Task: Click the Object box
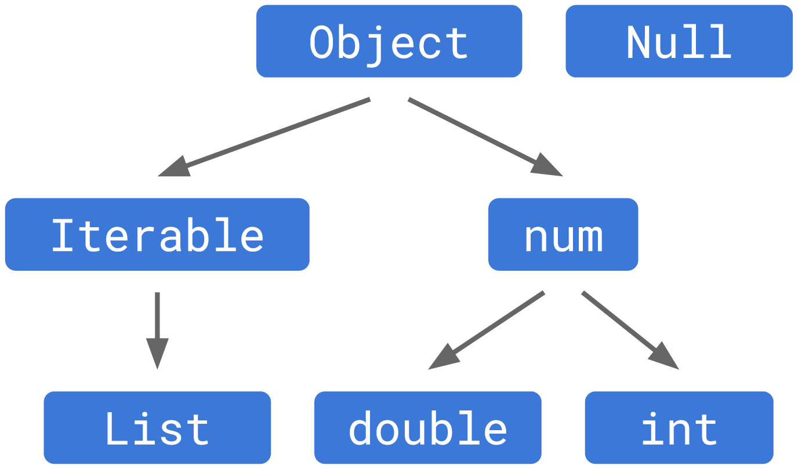tap(389, 41)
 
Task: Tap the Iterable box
tap(157, 235)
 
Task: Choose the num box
tap(563, 235)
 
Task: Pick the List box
tap(157, 428)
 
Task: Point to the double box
tap(428, 428)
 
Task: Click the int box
tap(679, 428)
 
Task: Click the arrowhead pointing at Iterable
tap(174, 168)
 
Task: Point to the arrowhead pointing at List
tap(157, 353)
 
